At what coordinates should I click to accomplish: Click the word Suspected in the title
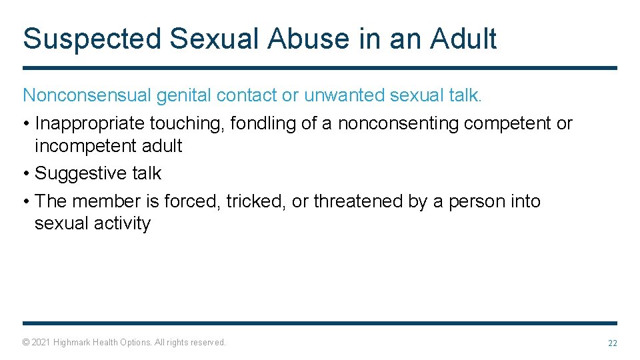(91, 39)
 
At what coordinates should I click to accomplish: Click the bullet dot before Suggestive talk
(26, 173)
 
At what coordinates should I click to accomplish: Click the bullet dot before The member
(26, 201)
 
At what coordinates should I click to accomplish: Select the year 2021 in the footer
(41, 343)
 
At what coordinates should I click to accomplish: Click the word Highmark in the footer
(73, 343)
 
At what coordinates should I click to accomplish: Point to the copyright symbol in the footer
(26, 343)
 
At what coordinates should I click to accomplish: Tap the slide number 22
(612, 343)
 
